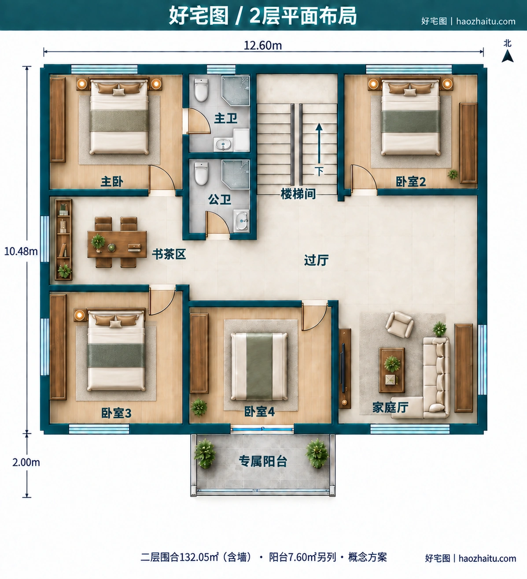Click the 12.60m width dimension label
(x=263, y=45)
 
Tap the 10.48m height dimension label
(x=21, y=251)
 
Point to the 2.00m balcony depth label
(x=26, y=462)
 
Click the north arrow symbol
(x=507, y=56)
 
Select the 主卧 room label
(x=112, y=181)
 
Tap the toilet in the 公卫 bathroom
(x=201, y=173)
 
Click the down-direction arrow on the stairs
(x=319, y=143)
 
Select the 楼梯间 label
(x=298, y=194)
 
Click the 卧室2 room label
(x=411, y=182)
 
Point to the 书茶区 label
(x=169, y=254)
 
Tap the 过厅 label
(x=316, y=260)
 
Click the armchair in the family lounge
(x=399, y=324)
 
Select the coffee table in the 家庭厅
(x=392, y=370)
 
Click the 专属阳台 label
(x=263, y=461)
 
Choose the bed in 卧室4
(x=259, y=366)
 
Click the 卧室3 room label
(x=116, y=413)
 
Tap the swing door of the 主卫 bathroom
(x=198, y=121)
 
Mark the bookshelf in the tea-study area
(x=63, y=240)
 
